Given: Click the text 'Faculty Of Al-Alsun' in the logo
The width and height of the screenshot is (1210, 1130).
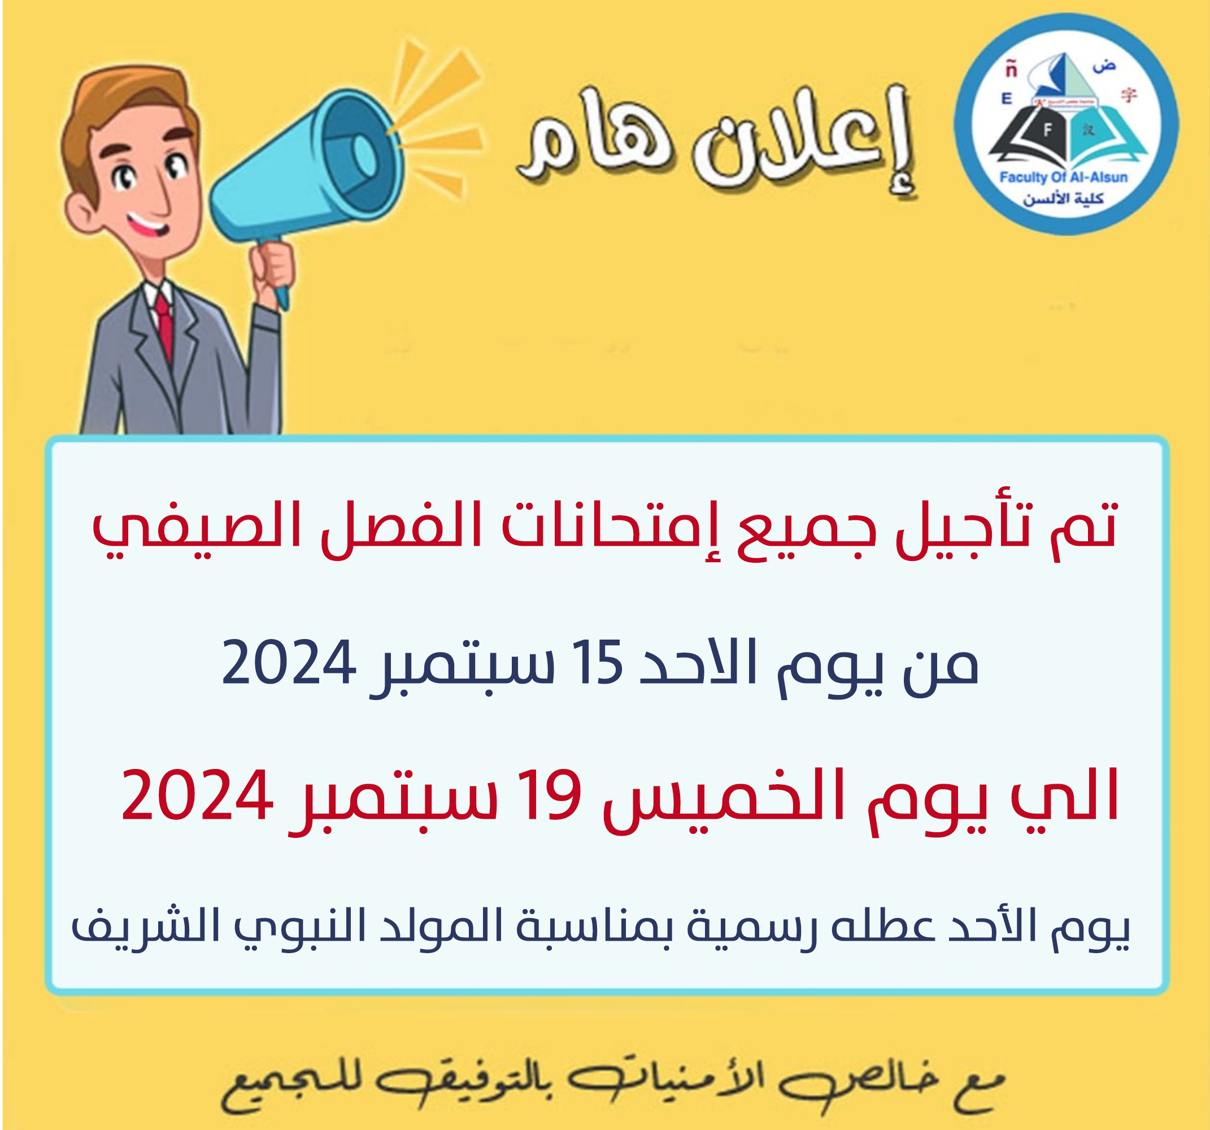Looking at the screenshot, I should [x=1064, y=177].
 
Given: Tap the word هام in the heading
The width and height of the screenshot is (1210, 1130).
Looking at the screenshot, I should [x=594, y=143].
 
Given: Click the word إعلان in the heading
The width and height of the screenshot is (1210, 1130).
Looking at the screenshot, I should [x=803, y=143].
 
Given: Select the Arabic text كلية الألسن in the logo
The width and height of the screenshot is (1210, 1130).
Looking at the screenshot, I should [x=1063, y=198].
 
